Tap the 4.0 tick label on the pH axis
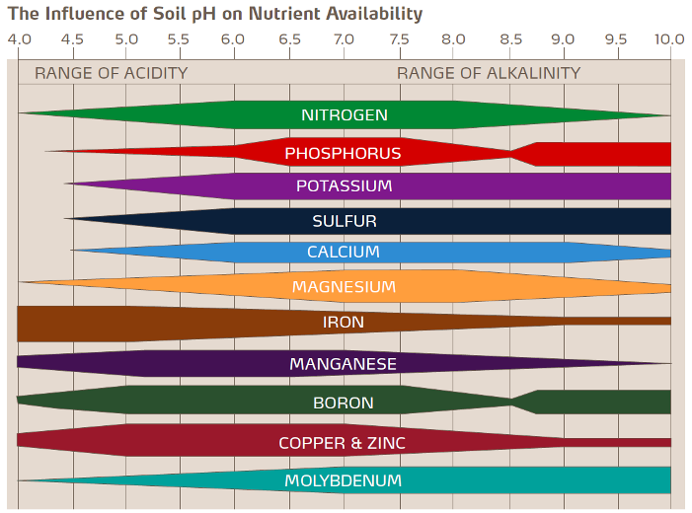tap(20, 40)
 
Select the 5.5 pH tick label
tap(179, 40)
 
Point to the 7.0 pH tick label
tap(344, 40)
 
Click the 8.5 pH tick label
tap(511, 40)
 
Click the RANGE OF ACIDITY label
tap(111, 73)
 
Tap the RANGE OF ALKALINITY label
tap(489, 73)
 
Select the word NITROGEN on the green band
tap(344, 115)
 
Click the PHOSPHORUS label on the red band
tap(343, 154)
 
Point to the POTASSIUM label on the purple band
tap(344, 186)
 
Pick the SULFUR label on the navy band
tap(344, 221)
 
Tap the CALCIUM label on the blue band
tap(343, 253)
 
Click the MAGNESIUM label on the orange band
tap(344, 287)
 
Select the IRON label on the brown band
tap(343, 323)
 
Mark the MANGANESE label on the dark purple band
tap(343, 364)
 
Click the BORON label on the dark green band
tap(343, 403)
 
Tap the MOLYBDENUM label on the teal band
tap(343, 481)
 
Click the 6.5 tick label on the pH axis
tap(289, 40)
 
